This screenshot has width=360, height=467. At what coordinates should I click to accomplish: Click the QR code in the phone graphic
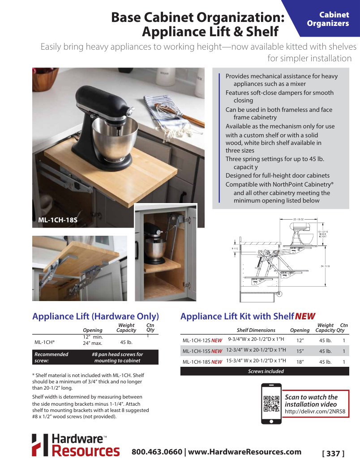tap(271, 403)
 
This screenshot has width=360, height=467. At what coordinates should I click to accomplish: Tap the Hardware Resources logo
tap(76, 445)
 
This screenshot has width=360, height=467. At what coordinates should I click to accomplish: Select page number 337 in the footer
tap(333, 454)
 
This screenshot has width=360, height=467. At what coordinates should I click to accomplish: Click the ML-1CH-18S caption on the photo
tap(58, 220)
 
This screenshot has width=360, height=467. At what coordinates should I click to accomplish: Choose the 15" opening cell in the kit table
tap(300, 351)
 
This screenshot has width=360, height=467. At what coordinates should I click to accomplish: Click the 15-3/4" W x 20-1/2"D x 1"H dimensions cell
tap(256, 361)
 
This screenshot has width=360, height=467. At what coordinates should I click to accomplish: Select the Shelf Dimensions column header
tap(256, 330)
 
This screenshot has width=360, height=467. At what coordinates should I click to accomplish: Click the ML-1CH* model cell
tap(44, 342)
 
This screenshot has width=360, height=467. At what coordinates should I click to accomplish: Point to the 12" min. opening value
tap(93, 337)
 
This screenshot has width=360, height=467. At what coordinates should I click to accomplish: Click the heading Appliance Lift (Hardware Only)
tap(95, 316)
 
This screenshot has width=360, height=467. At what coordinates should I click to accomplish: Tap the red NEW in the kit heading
tap(305, 316)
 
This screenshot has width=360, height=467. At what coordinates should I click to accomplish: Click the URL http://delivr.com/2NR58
tap(315, 412)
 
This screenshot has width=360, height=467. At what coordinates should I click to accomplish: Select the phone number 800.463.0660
tap(157, 452)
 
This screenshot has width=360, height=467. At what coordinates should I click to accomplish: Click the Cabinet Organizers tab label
tap(328, 19)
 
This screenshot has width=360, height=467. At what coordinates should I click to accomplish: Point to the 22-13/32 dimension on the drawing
tap(299, 219)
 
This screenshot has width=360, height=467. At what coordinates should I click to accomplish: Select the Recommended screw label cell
tap(51, 357)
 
